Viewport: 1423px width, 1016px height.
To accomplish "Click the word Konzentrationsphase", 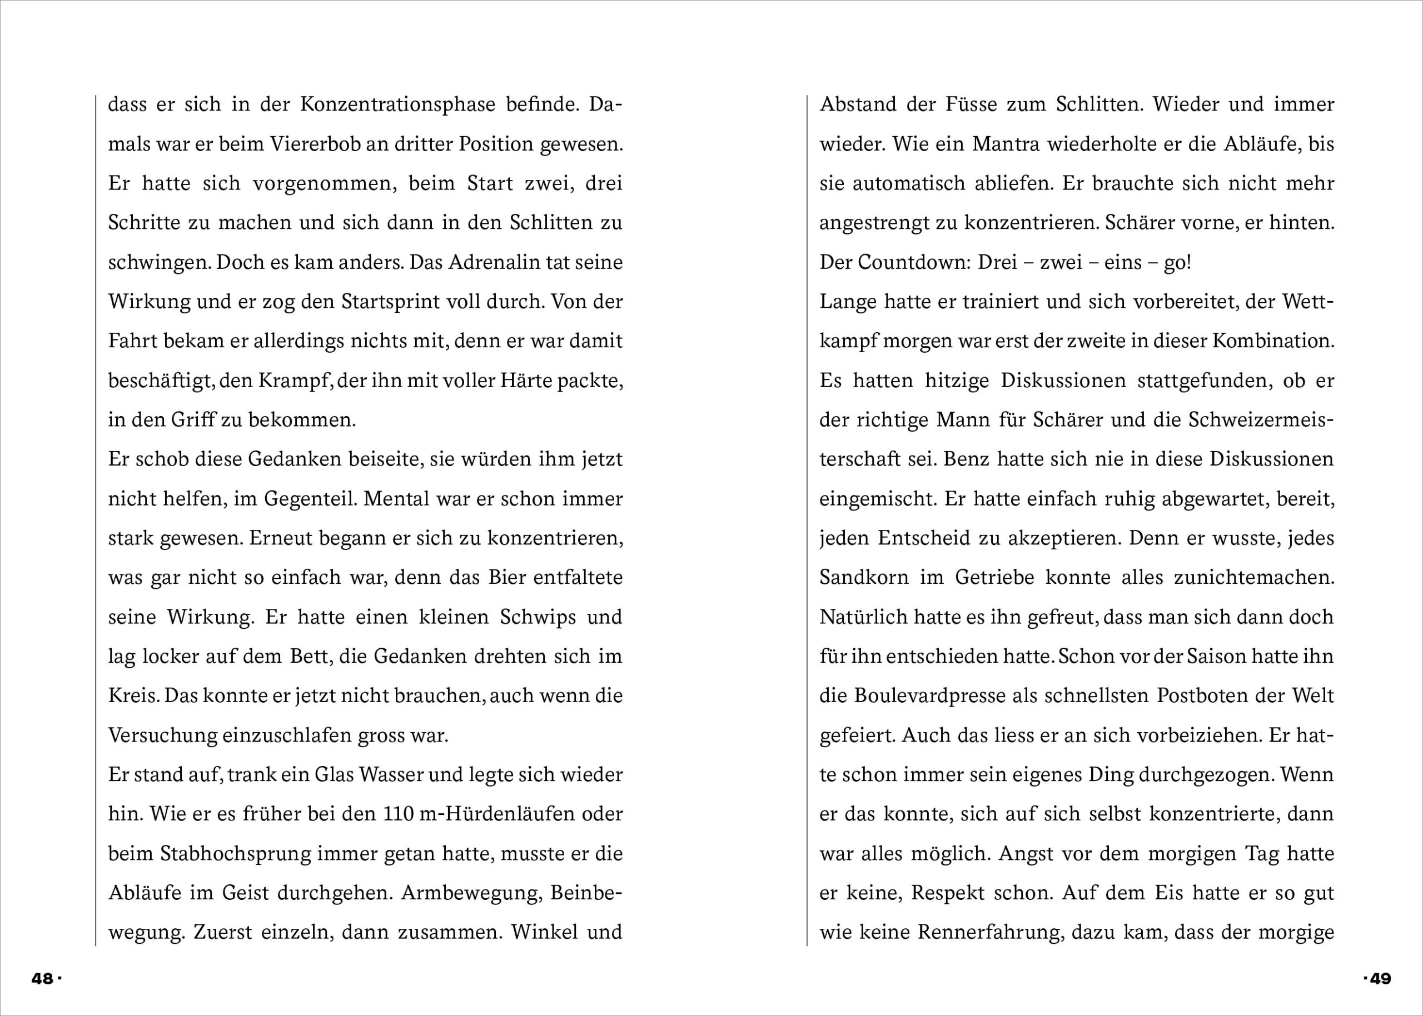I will (397, 104).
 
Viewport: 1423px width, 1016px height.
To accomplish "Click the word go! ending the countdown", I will (1177, 263).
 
